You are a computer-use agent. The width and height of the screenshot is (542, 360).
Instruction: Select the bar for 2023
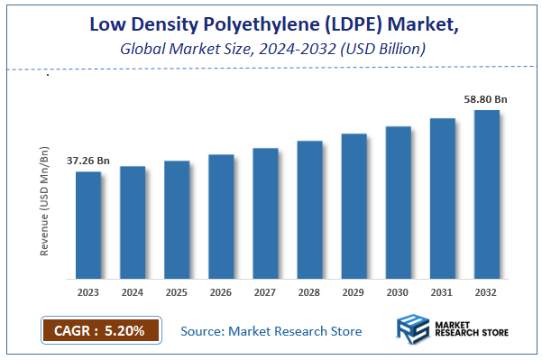point(88,225)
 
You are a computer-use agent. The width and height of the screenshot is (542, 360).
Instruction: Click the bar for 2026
point(221,217)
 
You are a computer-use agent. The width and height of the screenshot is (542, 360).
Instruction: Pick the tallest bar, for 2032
point(487,194)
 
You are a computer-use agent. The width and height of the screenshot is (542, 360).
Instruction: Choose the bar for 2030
point(399,202)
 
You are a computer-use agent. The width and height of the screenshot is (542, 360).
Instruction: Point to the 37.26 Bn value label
point(88,161)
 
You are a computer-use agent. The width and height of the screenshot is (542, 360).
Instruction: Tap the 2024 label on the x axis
point(133,292)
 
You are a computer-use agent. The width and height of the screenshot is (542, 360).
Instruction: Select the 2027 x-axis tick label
point(265,292)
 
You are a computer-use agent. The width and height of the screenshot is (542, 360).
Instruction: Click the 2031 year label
point(443,292)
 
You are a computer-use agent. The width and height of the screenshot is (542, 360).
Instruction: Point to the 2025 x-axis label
point(177,292)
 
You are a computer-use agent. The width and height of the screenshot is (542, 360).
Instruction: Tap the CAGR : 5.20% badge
point(100,331)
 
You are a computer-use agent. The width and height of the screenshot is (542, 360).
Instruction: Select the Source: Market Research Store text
point(271,331)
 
